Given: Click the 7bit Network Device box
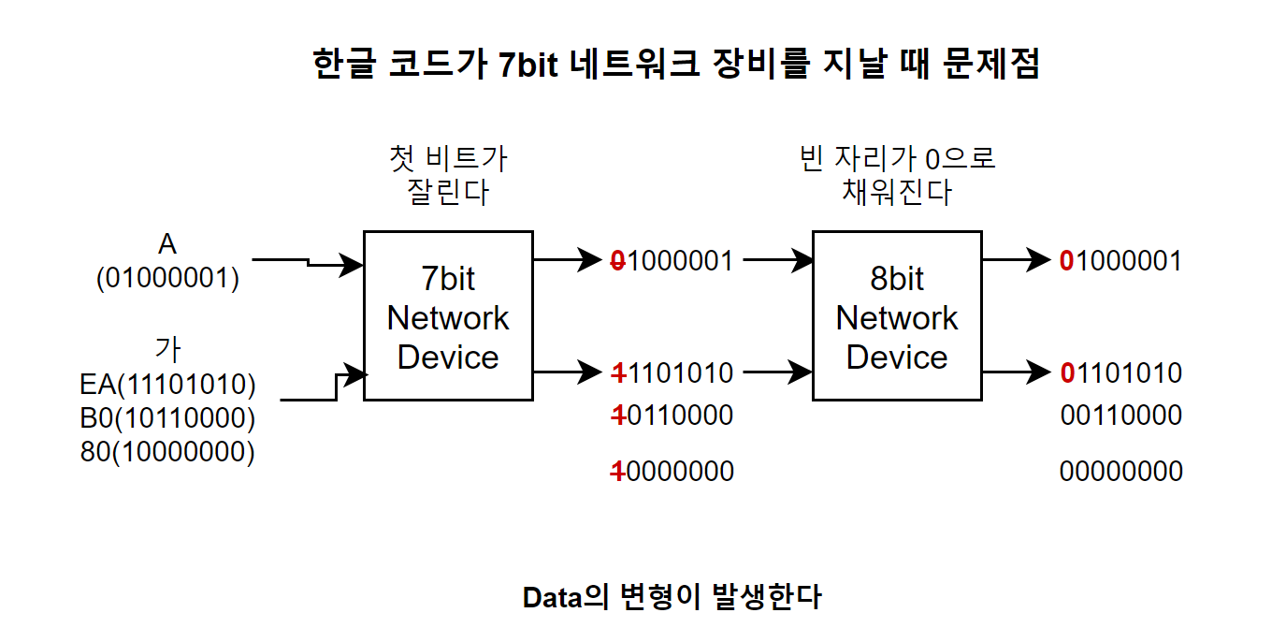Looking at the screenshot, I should pyautogui.click(x=448, y=316).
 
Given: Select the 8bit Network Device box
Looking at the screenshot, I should pyautogui.click(x=896, y=316).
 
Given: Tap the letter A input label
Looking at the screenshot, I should pyautogui.click(x=167, y=245).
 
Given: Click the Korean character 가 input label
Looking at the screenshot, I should pyautogui.click(x=167, y=349).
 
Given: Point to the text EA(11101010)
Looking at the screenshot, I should pyautogui.click(x=167, y=385).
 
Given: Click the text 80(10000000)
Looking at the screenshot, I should pyautogui.click(x=167, y=452).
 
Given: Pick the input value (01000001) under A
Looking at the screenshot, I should pyautogui.click(x=167, y=279).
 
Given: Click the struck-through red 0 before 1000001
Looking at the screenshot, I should pyautogui.click(x=617, y=261).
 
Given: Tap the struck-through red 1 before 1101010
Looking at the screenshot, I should pyautogui.click(x=617, y=373).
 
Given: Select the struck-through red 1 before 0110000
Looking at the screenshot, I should pyautogui.click(x=617, y=415).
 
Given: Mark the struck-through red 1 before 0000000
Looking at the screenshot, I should pyautogui.click(x=617, y=472).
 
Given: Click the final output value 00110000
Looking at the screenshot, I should pyautogui.click(x=1120, y=415).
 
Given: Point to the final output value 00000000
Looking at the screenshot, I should pyautogui.click(x=1120, y=472).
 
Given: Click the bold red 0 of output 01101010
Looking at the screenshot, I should pyautogui.click(x=1067, y=373).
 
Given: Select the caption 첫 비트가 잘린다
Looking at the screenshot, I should pyautogui.click(x=448, y=174).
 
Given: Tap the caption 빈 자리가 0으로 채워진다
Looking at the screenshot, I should pyautogui.click(x=896, y=174).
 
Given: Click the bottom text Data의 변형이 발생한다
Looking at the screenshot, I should pyautogui.click(x=672, y=597).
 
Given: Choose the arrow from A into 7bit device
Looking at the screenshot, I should pyautogui.click(x=309, y=263).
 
